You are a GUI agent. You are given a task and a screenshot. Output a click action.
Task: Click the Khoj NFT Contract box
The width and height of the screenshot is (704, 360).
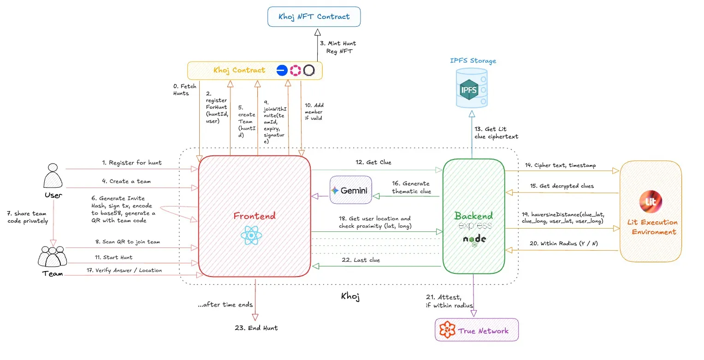pyautogui.click(x=314, y=17)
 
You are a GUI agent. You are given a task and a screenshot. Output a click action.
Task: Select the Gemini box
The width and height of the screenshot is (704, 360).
pyautogui.click(x=350, y=190)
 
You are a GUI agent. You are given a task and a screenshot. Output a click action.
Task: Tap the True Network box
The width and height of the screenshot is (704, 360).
pyautogui.click(x=477, y=330)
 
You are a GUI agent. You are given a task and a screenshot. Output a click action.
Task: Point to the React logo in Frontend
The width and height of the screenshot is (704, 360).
pyautogui.click(x=251, y=236)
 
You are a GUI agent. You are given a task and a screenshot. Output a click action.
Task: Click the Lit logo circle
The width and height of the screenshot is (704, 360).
pyautogui.click(x=651, y=201)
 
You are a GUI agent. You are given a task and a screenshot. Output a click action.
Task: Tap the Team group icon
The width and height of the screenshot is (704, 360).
pyautogui.click(x=52, y=256)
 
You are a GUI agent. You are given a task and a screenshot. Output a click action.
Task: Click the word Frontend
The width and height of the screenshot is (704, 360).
pyautogui.click(x=254, y=216)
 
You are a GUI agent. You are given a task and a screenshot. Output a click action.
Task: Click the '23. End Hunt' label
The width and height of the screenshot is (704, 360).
pyautogui.click(x=256, y=328)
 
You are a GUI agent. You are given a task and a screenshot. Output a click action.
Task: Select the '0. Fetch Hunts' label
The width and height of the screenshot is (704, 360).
pyautogui.click(x=184, y=89)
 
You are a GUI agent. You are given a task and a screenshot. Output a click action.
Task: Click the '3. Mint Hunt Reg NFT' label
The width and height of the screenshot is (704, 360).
pyautogui.click(x=338, y=47)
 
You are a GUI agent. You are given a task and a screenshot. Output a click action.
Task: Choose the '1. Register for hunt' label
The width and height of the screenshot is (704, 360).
pyautogui.click(x=132, y=163)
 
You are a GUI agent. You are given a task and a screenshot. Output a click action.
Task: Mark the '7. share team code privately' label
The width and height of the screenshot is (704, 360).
pyautogui.click(x=28, y=217)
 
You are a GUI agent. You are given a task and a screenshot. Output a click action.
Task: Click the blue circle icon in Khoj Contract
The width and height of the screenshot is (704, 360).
pyautogui.click(x=282, y=71)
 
